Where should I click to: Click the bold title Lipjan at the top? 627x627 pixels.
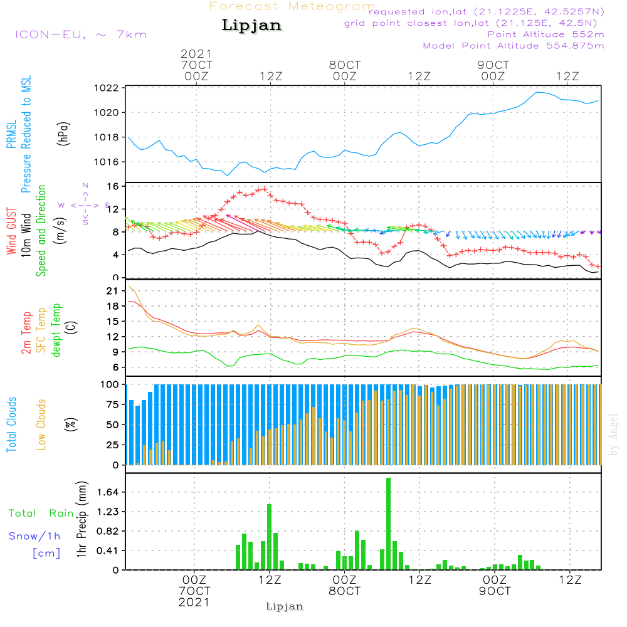251,26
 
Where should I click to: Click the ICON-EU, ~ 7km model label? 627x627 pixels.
80,34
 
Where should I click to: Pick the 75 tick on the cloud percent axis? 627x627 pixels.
112,405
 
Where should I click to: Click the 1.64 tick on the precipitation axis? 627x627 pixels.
108,492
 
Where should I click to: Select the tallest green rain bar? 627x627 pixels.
389,524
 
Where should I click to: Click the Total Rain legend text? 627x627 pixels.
41,514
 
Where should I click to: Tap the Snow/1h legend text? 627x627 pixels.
34,536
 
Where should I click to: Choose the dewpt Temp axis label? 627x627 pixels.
57,330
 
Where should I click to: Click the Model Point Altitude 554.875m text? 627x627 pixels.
514,46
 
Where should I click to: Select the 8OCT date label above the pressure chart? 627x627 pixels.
345,65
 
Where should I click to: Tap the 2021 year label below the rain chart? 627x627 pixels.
194,602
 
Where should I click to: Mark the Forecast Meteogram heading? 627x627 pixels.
292,6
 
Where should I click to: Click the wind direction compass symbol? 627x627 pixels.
85,204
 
